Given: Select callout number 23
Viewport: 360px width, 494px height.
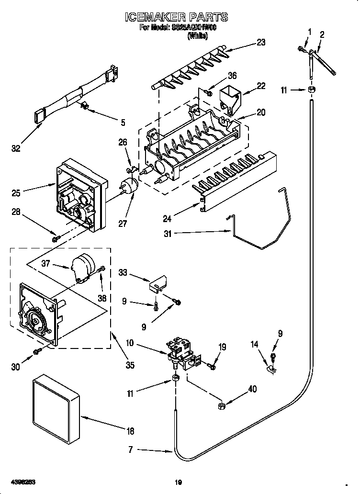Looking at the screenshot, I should pyautogui.click(x=260, y=42).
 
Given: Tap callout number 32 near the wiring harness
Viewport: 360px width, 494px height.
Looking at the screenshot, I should pyautogui.click(x=16, y=148).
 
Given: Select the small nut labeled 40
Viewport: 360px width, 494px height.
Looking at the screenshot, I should pyautogui.click(x=222, y=406).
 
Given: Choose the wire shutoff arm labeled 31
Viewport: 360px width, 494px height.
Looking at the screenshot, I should pyautogui.click(x=261, y=230).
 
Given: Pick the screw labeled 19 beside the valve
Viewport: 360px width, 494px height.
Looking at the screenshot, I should pyautogui.click(x=212, y=367).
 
